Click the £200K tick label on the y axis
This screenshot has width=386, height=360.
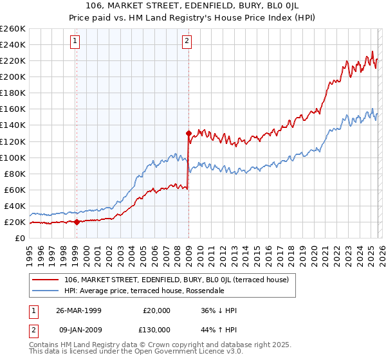click(x=12, y=76)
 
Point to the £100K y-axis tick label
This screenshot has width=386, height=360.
click(x=12, y=157)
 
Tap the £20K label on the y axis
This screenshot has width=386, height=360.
click(x=14, y=222)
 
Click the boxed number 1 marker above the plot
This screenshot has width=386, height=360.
click(x=76, y=42)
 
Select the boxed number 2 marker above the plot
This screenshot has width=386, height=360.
click(x=187, y=42)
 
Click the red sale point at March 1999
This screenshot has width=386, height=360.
click(x=77, y=222)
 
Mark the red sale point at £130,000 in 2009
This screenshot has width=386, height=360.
click(x=188, y=133)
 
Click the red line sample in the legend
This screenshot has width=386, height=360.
click(x=47, y=280)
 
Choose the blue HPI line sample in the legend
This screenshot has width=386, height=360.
click(x=47, y=291)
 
